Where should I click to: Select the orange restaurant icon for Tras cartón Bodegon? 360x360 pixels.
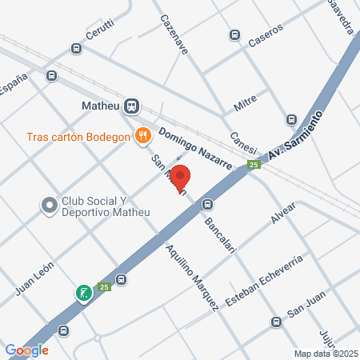tap(143, 135)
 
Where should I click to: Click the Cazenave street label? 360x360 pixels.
tap(174, 34)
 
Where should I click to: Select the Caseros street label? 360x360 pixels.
tap(265, 38)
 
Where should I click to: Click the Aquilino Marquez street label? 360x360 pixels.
tap(191, 276)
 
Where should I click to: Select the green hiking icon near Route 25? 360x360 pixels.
tap(82, 294)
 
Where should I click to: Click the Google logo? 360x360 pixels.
tap(26, 350)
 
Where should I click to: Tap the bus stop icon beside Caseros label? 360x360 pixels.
tap(235, 34)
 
